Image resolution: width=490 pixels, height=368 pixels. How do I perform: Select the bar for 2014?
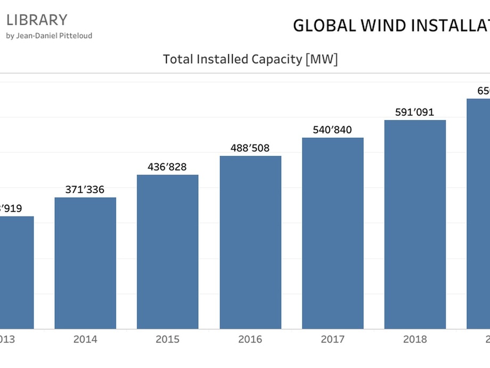85,263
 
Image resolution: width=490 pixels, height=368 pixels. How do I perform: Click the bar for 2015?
168,252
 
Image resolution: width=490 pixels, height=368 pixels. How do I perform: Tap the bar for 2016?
250,242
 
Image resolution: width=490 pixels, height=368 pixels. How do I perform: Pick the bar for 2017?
333,233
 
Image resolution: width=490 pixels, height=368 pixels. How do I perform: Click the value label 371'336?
85,189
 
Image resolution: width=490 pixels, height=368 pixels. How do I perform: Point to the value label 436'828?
168,167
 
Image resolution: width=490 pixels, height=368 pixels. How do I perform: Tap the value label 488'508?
250,148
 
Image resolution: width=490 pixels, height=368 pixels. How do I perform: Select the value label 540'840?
333,130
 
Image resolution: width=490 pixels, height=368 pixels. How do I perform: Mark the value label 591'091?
415,112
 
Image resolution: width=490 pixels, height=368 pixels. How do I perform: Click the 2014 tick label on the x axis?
85,340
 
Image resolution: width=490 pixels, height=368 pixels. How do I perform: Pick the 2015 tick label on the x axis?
168,340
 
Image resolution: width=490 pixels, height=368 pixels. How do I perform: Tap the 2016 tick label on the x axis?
250,340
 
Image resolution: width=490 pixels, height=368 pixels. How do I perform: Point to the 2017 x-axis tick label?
333,340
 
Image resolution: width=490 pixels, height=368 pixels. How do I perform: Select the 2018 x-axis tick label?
415,340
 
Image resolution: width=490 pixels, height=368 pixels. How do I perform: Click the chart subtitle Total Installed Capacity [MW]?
250,59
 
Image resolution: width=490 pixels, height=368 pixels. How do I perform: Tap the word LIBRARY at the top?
37,20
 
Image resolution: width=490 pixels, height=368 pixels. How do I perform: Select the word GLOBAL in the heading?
324,26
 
